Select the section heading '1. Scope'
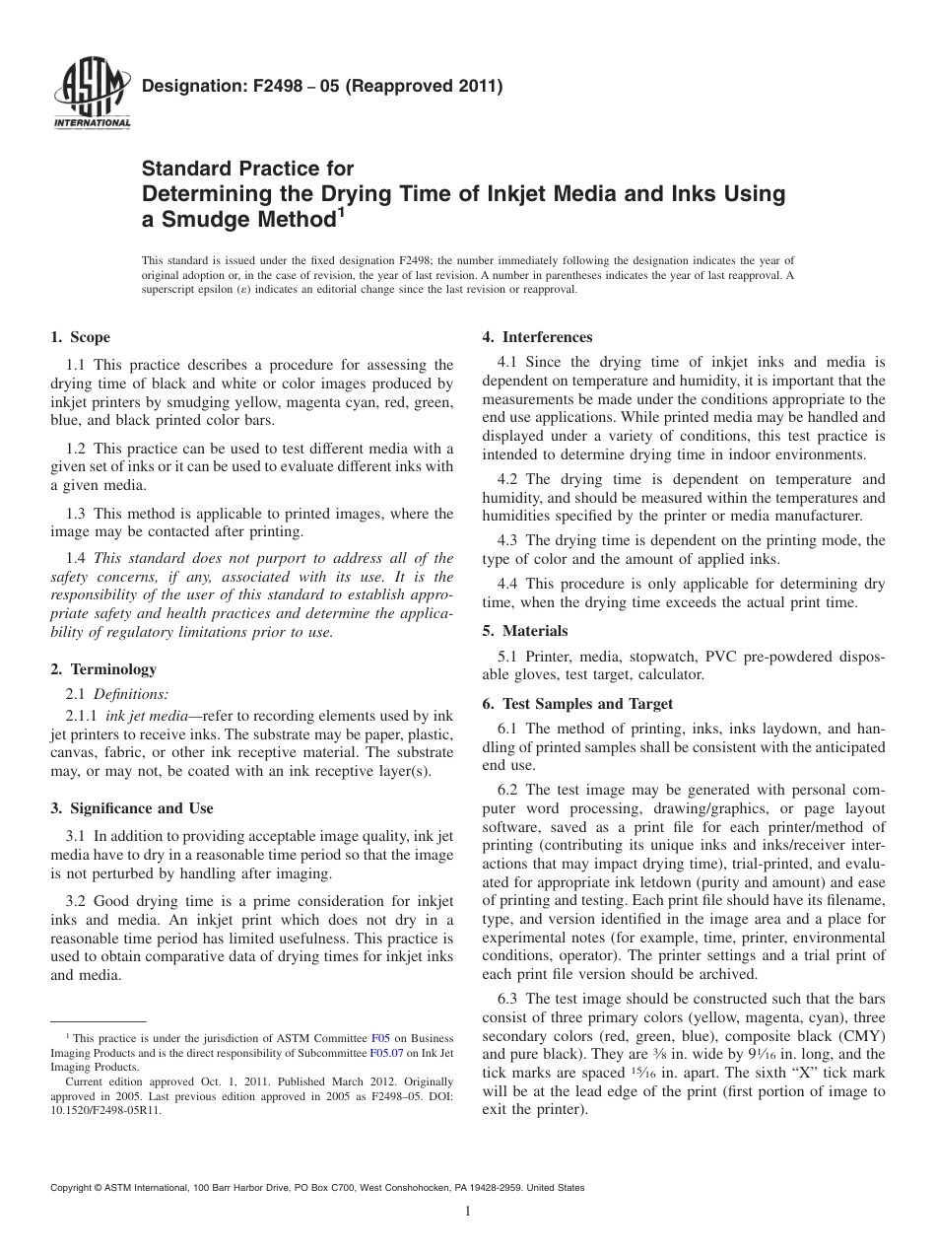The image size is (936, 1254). (x=80, y=337)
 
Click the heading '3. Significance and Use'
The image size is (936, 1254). (x=131, y=808)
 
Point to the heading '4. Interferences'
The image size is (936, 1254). (x=537, y=337)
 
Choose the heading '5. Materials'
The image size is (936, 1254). (x=525, y=631)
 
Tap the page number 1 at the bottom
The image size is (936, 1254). (x=468, y=1212)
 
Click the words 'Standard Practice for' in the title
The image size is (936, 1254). (x=248, y=169)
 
